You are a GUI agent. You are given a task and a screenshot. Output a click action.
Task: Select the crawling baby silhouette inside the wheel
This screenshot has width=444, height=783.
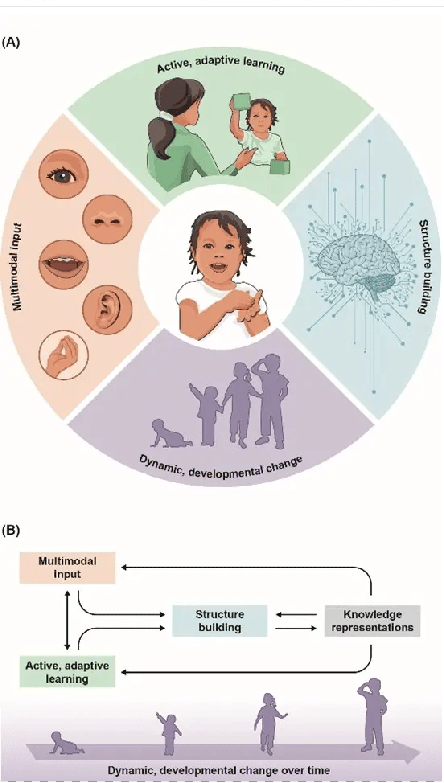[171, 434]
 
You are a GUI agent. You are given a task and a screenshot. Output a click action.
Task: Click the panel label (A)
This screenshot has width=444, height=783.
[11, 43]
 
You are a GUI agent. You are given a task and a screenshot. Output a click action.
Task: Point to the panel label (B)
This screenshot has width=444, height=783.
[11, 531]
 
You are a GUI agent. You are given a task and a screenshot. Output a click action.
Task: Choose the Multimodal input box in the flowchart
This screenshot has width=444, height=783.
[68, 568]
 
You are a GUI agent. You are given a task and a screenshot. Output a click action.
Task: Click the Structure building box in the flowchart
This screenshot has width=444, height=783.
[220, 621]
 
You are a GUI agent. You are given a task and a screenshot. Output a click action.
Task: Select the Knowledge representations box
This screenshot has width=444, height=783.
[372, 621]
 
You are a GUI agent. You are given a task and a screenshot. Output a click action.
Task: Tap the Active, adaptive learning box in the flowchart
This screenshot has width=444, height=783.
[68, 672]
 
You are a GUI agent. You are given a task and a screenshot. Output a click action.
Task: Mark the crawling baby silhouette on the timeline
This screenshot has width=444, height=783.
[67, 743]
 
